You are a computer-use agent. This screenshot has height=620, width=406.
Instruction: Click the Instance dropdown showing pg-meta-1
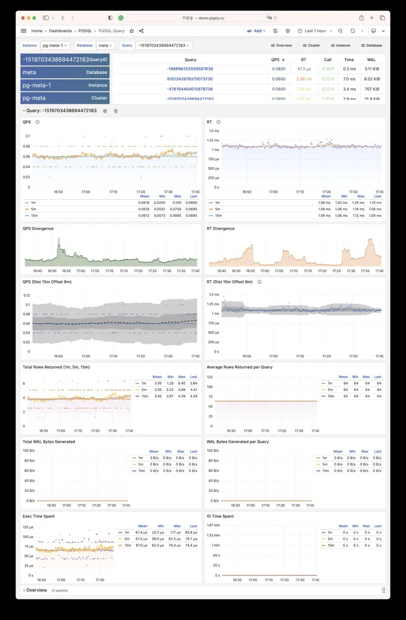[55, 46]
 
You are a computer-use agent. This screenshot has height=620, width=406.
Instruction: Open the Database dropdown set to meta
[105, 46]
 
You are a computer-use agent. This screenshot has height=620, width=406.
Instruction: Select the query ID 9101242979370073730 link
[190, 79]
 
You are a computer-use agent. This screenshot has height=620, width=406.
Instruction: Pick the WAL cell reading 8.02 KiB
[372, 79]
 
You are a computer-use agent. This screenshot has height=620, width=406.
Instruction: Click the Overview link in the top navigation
[281, 46]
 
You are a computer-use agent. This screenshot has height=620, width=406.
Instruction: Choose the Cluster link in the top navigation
[311, 46]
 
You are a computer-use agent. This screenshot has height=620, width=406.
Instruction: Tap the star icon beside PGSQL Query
[132, 31]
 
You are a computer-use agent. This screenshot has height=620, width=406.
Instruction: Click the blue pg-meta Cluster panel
[65, 98]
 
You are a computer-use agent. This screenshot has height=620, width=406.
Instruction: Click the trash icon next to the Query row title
[116, 111]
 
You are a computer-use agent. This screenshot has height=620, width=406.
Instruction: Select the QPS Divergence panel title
[38, 229]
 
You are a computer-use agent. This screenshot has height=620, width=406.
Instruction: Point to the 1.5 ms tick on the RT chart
[214, 131]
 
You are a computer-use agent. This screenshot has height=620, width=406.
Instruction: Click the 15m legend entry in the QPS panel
[34, 216]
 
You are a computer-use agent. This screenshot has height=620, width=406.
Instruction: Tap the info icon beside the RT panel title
[218, 122]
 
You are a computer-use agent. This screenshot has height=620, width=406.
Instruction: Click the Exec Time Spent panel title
[38, 516]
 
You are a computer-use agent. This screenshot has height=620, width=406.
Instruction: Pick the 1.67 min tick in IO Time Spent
[213, 525]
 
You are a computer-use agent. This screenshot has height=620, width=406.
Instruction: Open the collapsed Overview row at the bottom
[36, 590]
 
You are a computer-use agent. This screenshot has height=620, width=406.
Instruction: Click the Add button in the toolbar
[257, 31]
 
